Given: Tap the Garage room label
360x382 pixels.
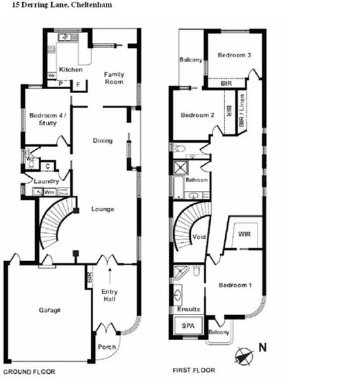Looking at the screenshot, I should (50, 310).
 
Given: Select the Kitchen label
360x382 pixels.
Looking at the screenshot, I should (71, 70).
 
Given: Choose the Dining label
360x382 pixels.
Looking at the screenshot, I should (102, 140).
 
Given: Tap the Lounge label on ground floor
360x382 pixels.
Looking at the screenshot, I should (102, 209).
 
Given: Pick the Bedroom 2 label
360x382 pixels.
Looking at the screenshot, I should (198, 115).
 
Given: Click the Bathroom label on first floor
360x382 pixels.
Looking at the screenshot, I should (196, 180).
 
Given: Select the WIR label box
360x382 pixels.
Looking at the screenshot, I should (244, 234).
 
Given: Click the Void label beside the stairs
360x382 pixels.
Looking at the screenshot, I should (200, 237).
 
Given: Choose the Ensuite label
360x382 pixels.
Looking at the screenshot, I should (189, 309).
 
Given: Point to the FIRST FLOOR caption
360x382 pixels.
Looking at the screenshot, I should (195, 371).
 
